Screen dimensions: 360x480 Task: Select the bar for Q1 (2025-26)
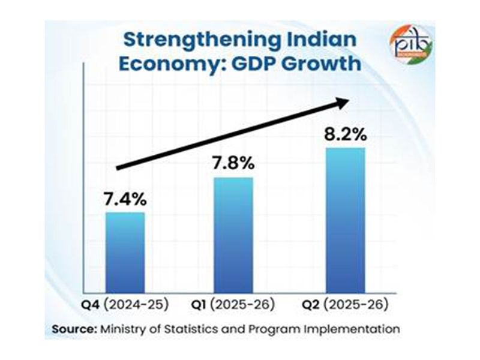[233, 235]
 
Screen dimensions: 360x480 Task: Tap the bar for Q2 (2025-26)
[344, 220]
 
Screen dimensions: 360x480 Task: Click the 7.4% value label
[125, 197]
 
